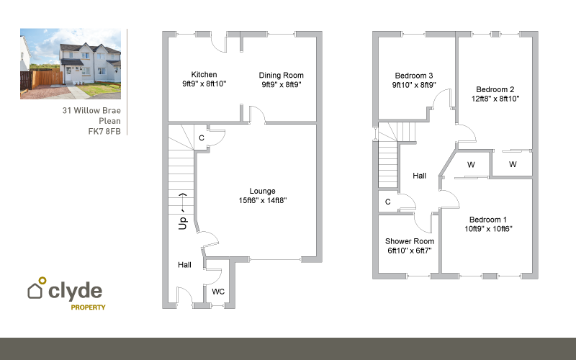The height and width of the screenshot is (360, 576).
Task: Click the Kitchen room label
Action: pos(204,75)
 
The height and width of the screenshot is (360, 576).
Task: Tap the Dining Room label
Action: pos(282,75)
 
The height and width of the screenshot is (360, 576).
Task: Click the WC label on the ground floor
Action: pos(218,292)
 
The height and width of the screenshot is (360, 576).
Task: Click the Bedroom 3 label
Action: pos(414,76)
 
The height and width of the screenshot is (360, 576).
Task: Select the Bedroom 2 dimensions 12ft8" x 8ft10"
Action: pos(495,98)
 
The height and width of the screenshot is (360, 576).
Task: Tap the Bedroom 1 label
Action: pos(488,220)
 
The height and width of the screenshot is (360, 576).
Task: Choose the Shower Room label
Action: pos(409,241)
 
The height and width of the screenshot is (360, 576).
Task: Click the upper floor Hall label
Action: pos(419,176)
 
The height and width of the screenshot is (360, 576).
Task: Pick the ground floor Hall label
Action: pos(185,265)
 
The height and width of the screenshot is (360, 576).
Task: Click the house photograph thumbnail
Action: pos(70,63)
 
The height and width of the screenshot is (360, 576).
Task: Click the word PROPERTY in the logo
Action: pos(88,307)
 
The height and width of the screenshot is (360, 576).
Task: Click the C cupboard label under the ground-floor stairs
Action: pos(201,138)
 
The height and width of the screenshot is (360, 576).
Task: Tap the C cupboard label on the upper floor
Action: pos(388,202)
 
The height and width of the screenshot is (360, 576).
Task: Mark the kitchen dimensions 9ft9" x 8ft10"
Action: pos(204,84)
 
